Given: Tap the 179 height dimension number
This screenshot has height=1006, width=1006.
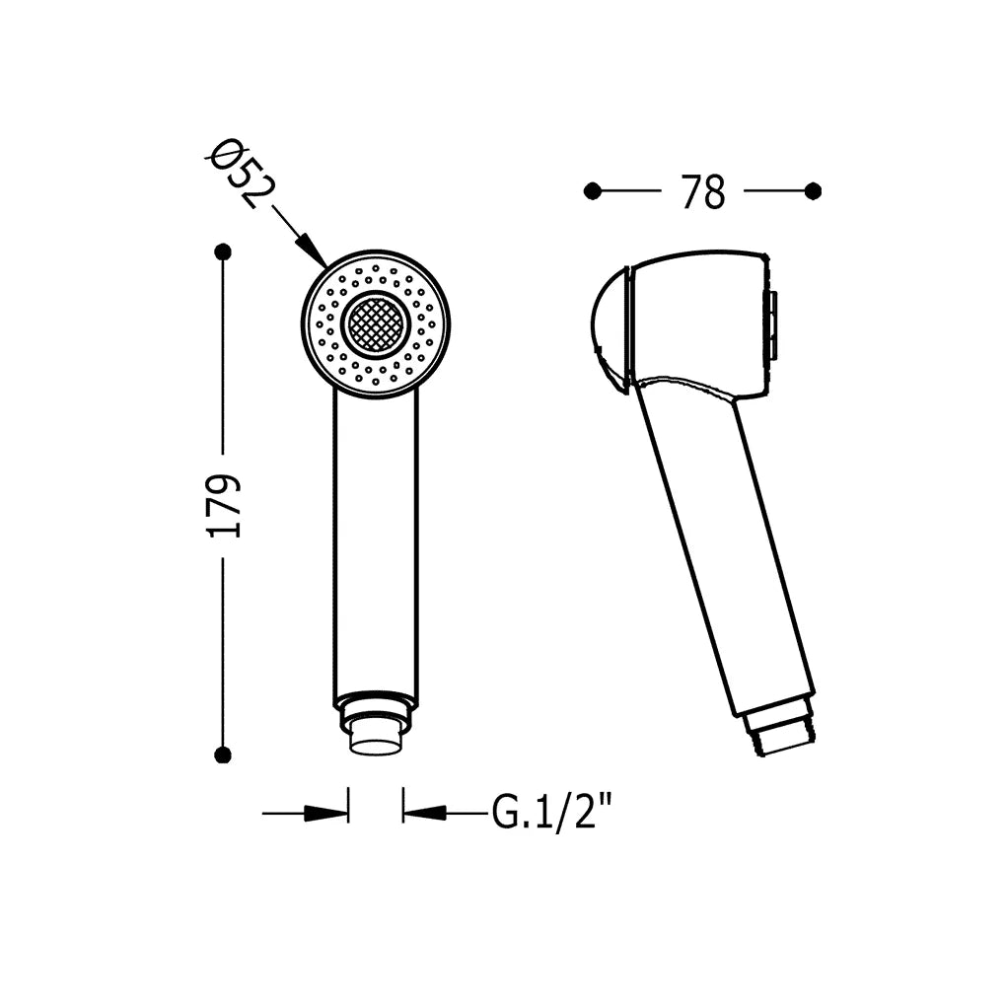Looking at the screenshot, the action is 224,506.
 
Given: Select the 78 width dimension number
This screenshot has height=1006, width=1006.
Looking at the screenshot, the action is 703,191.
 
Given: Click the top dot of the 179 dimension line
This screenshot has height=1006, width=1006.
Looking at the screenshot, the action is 223,252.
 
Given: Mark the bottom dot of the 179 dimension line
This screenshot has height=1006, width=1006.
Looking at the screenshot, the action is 223,755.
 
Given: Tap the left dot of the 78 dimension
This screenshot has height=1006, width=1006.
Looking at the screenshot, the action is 593,191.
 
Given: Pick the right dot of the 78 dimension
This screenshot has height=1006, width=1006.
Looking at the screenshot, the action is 813,191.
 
